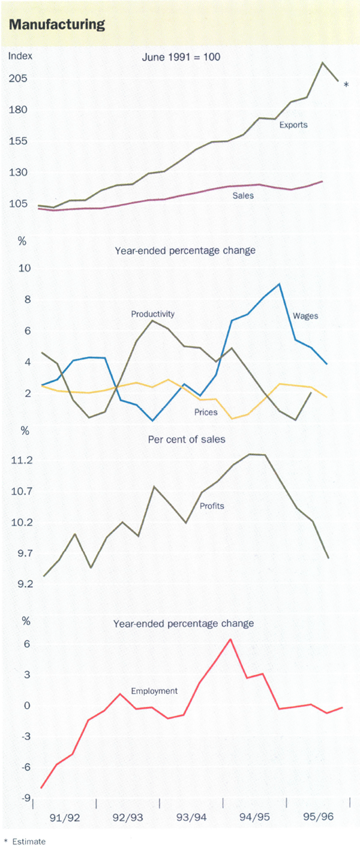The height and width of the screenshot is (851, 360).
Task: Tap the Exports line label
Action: (x=293, y=125)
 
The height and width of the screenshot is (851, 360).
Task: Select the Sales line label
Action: (x=243, y=195)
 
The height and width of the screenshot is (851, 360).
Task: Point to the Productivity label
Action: (x=152, y=314)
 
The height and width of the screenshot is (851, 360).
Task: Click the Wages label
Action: (x=305, y=315)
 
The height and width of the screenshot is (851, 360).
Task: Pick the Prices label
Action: (x=206, y=412)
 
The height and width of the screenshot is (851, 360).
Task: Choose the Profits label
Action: (x=212, y=506)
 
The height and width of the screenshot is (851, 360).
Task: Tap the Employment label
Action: (x=154, y=691)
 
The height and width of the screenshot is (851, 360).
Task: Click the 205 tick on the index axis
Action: (x=18, y=79)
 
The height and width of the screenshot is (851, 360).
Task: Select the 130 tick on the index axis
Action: (x=18, y=173)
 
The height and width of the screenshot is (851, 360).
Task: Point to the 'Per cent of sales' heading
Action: (x=187, y=440)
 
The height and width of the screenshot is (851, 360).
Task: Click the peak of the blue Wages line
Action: (x=279, y=284)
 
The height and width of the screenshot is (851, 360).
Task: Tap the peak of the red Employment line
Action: (x=230, y=639)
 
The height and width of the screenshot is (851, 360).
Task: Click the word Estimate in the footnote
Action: (x=32, y=841)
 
